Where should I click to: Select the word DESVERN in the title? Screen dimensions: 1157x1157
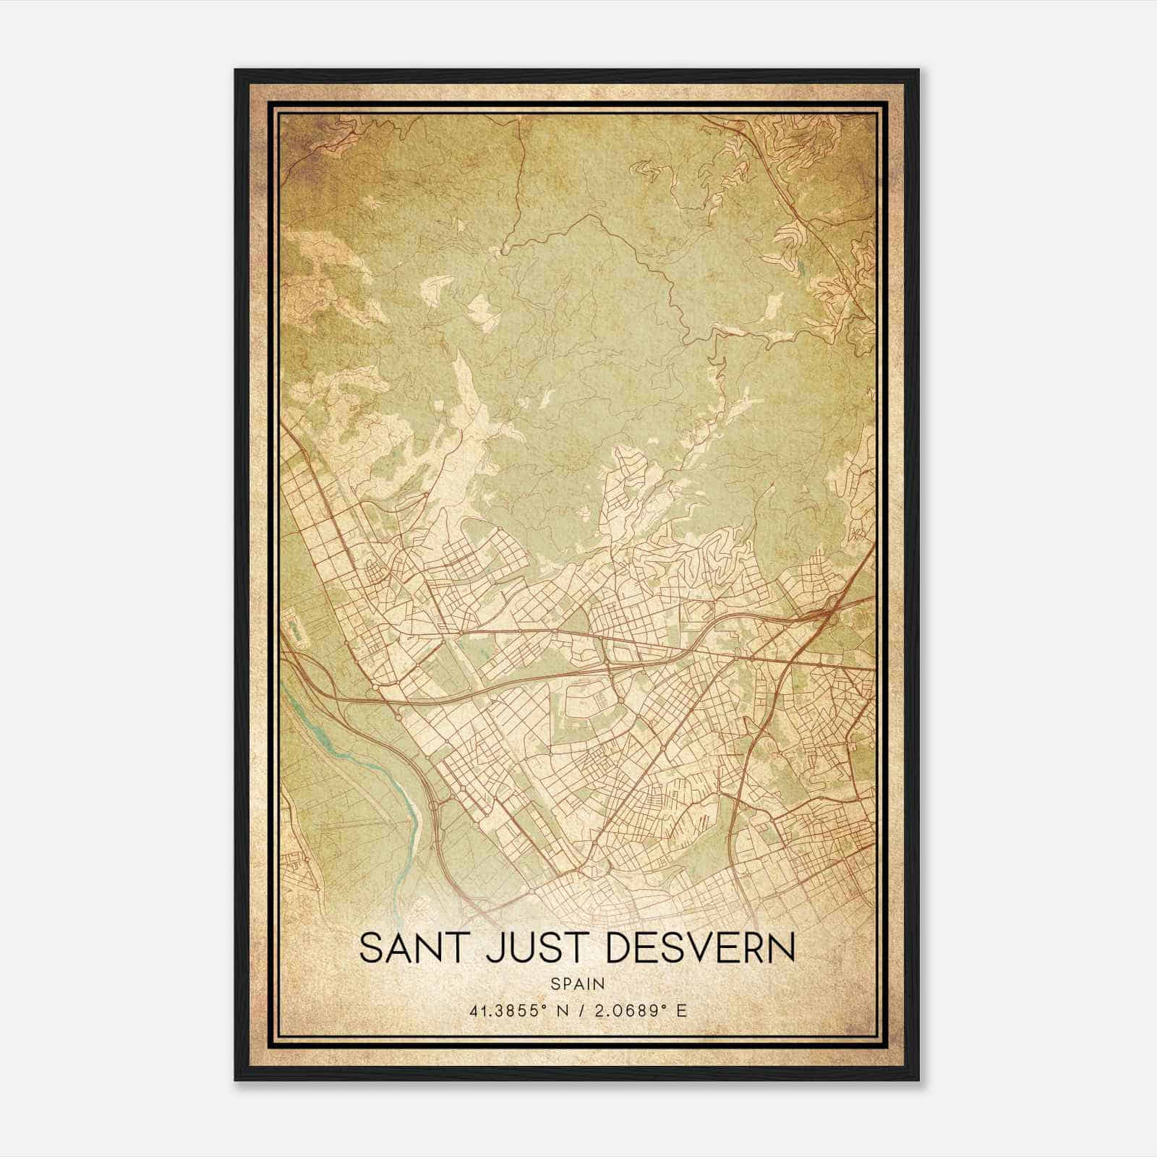700,948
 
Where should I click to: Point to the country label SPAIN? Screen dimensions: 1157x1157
578,983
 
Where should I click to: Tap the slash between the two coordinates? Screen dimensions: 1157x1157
578,1011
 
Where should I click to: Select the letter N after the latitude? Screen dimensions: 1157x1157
561,1011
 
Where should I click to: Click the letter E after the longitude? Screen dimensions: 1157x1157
681,1011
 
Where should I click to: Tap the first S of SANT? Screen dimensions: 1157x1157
371,948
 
